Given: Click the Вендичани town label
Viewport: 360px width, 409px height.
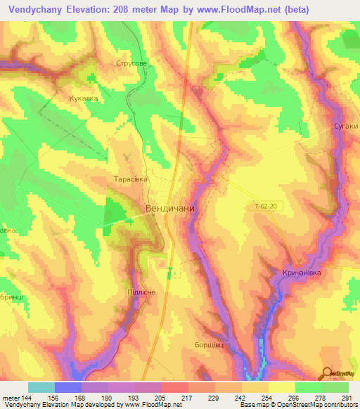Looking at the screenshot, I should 169,209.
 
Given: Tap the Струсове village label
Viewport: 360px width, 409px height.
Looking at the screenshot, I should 131,63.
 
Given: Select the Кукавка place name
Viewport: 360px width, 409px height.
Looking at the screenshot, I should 83,99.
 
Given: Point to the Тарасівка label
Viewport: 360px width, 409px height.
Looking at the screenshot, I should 131,179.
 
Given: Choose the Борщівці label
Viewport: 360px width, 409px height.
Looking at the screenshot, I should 210,345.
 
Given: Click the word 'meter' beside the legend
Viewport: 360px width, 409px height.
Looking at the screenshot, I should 11,398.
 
